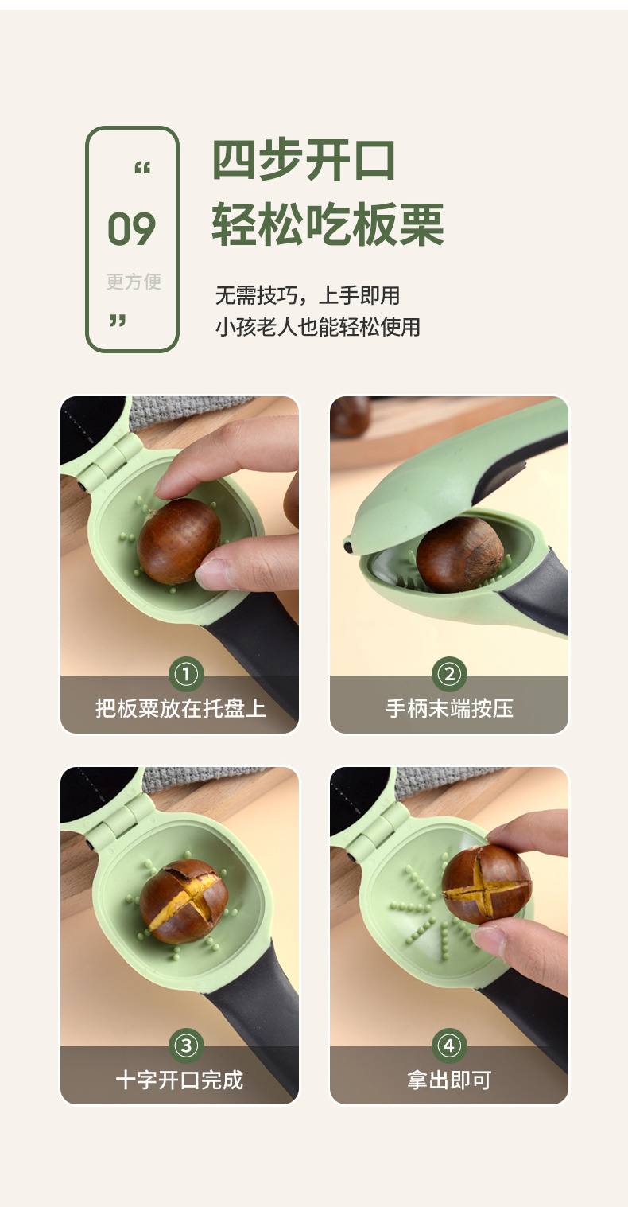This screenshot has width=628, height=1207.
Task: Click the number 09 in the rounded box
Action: click(132, 230)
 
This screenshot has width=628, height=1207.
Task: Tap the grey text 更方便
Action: click(134, 282)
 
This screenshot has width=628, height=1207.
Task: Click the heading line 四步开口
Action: click(304, 160)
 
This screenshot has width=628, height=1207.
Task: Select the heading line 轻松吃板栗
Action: click(328, 225)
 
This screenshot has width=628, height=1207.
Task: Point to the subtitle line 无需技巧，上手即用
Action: click(307, 296)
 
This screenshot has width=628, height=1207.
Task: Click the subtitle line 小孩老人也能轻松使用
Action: click(317, 326)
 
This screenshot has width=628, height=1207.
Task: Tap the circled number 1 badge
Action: click(186, 676)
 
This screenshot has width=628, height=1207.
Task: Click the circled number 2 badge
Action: click(448, 676)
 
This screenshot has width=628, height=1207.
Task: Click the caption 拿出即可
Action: click(449, 1080)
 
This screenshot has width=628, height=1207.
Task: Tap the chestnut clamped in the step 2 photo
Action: click(459, 554)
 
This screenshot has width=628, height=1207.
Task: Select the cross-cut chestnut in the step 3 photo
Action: click(184, 901)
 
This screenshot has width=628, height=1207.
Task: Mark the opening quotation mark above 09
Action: click(142, 169)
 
